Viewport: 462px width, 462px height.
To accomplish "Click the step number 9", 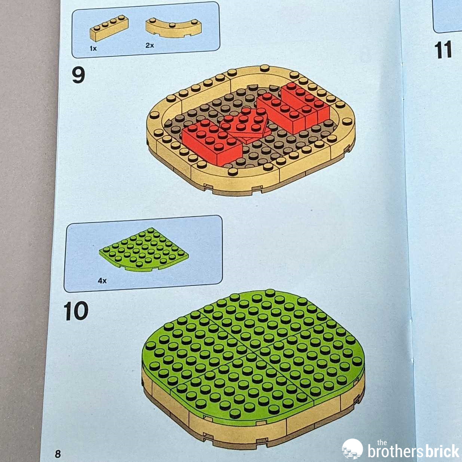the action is click(79, 75).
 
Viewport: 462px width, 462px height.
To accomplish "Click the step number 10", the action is click(76, 311).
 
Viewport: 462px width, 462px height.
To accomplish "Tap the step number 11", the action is click(443, 49).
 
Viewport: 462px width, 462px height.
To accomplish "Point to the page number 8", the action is click(58, 454).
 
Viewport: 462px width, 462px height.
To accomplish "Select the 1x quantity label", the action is click(93, 48).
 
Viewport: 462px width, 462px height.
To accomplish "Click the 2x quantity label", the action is click(150, 45).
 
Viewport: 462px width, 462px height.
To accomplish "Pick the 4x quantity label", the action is click(102, 281).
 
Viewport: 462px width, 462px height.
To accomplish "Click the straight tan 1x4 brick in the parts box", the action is click(109, 28).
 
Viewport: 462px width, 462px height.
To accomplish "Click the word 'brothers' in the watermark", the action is click(397, 451).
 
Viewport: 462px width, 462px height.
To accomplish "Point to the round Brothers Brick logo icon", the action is click(352, 449).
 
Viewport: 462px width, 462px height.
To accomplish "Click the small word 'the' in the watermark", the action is click(382, 442).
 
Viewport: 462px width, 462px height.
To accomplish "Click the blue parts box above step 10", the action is click(143, 254).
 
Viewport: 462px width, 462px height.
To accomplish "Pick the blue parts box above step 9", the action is click(146, 30).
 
